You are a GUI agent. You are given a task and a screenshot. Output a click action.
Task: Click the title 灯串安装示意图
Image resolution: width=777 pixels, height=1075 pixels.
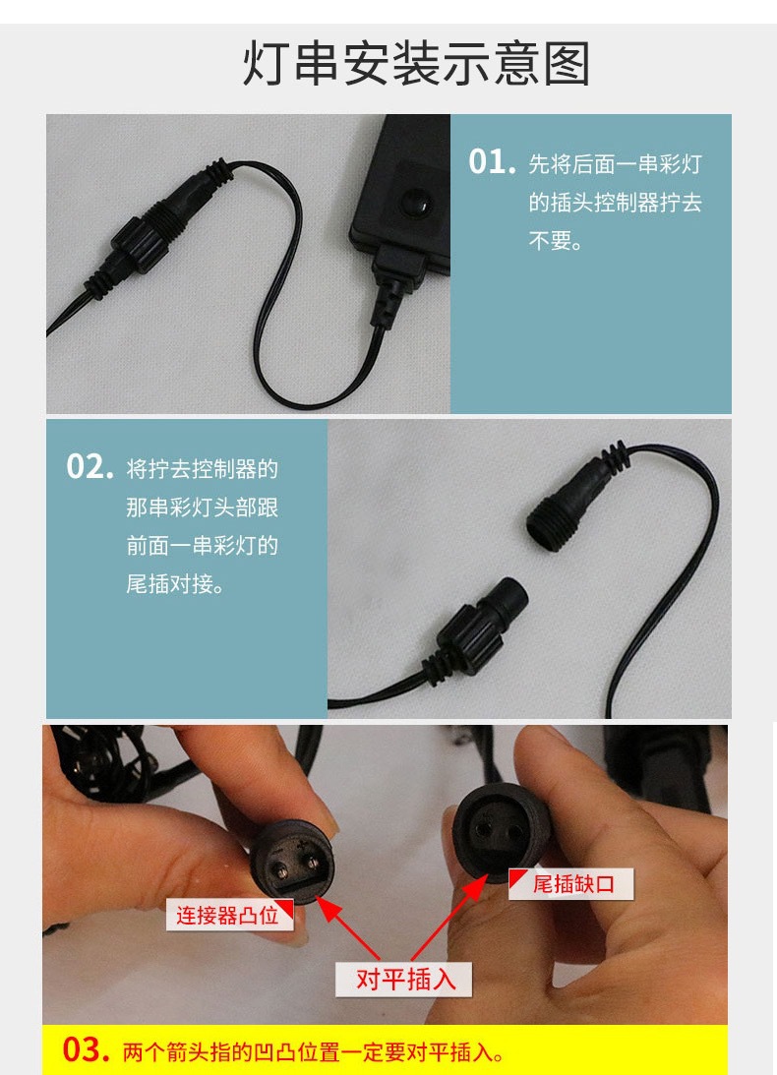(416, 64)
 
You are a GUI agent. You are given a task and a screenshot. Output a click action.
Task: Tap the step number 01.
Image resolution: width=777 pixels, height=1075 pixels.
(492, 162)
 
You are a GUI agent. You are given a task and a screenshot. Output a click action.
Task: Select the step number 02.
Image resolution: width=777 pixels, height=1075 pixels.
(90, 467)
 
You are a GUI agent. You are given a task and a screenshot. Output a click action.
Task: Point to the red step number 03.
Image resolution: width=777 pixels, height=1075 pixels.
(86, 1049)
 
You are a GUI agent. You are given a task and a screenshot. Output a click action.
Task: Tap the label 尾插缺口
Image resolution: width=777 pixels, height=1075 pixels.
(571, 884)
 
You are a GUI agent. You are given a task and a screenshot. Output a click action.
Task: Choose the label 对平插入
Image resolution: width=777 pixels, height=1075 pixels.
(404, 979)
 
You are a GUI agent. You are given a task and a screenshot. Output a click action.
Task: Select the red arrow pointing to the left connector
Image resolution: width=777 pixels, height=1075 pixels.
(348, 927)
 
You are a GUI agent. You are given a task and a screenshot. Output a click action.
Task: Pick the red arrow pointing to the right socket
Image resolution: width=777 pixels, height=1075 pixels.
(449, 919)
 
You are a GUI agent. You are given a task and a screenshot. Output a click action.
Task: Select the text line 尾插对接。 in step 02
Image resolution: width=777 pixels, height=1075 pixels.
(174, 583)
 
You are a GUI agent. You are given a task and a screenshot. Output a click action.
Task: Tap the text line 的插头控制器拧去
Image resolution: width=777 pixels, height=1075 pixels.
(615, 203)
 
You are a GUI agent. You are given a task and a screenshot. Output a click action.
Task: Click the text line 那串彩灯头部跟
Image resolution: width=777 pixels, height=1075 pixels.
(202, 508)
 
